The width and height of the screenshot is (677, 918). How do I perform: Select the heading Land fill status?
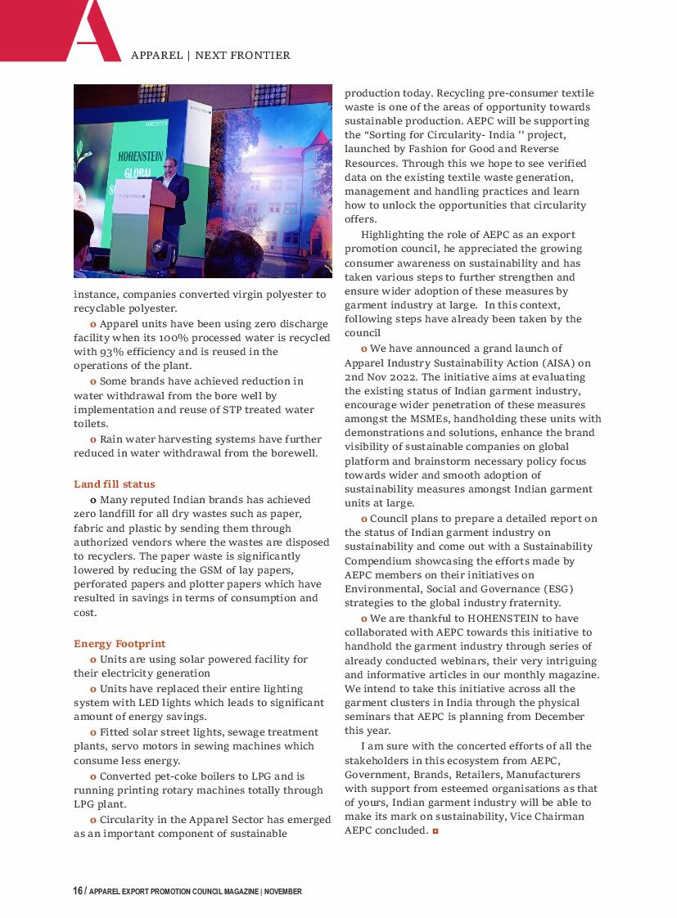pos(114,484)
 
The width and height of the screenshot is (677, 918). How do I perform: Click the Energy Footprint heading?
pos(120,644)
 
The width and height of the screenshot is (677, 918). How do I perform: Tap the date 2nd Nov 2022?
pos(381,377)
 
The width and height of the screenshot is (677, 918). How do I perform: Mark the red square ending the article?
pos(436,831)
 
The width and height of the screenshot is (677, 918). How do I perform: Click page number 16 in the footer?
pos(77,891)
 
